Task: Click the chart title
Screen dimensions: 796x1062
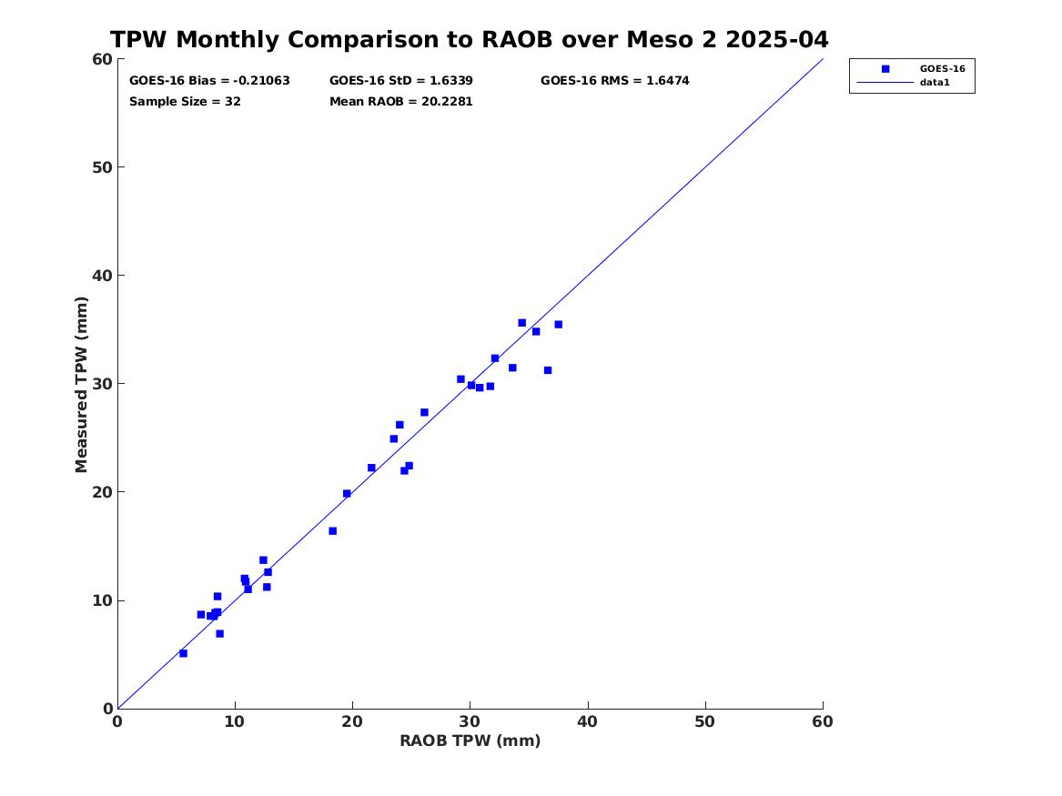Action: pyautogui.click(x=469, y=40)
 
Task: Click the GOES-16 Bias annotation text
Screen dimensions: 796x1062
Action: pyautogui.click(x=209, y=81)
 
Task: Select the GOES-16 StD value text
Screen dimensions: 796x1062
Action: pyautogui.click(x=401, y=81)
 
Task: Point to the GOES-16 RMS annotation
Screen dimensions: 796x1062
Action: pyautogui.click(x=614, y=81)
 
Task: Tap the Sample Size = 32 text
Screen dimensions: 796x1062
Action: pyautogui.click(x=185, y=102)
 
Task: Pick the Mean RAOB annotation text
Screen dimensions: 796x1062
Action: pyautogui.click(x=401, y=102)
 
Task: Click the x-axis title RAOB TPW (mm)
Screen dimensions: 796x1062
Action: pyautogui.click(x=470, y=741)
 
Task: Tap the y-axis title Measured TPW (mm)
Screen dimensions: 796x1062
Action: pyautogui.click(x=82, y=384)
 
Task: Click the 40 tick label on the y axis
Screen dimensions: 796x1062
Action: pyautogui.click(x=101, y=276)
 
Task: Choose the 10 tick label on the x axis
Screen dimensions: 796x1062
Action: pyautogui.click(x=235, y=721)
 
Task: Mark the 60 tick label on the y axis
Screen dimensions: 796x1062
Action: pyautogui.click(x=101, y=59)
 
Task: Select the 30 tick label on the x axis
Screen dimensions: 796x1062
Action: pyautogui.click(x=470, y=721)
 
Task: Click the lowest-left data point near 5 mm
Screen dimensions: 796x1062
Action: pyautogui.click(x=183, y=653)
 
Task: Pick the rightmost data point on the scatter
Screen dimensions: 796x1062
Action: pyautogui.click(x=558, y=325)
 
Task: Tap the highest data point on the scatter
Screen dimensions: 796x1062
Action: pyautogui.click(x=521, y=323)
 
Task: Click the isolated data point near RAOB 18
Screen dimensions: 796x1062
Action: pyautogui.click(x=332, y=531)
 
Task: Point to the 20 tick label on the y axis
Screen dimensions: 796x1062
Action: pyautogui.click(x=101, y=492)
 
